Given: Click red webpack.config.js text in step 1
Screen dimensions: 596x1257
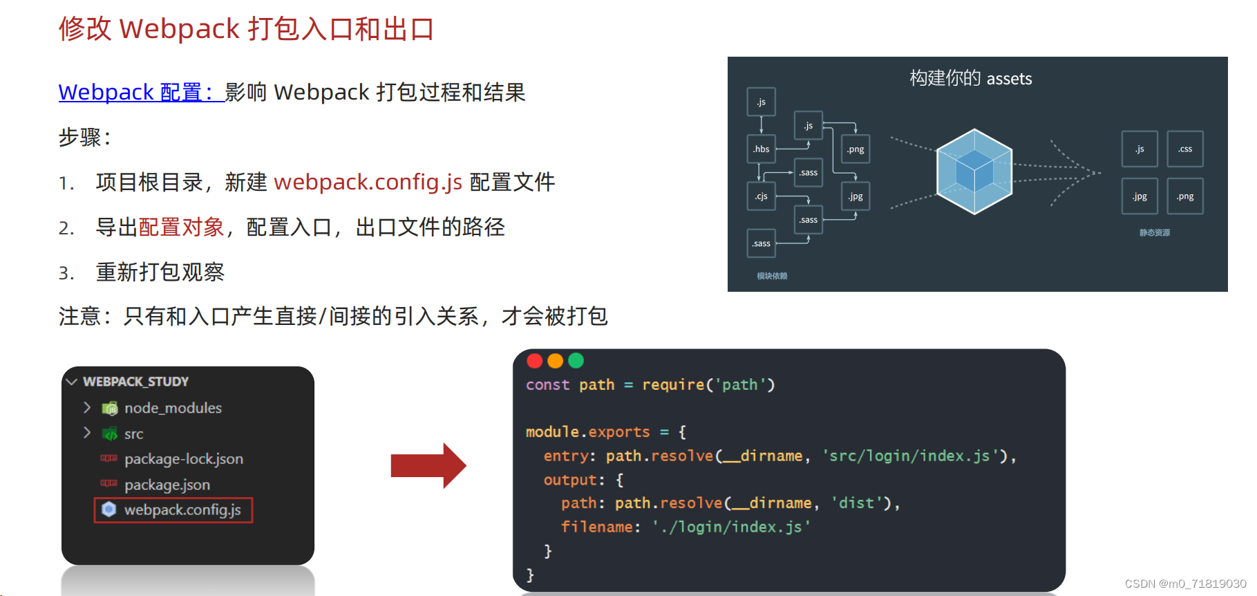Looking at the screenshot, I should point(368,182).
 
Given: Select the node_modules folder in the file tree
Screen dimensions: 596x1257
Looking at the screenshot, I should point(173,408).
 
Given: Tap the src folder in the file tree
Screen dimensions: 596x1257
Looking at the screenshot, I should point(133,434).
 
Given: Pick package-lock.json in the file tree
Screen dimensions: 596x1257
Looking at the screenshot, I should point(183,459).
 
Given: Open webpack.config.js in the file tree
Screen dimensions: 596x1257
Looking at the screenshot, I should point(182,510).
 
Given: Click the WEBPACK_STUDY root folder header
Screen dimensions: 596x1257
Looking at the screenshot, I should point(135,382).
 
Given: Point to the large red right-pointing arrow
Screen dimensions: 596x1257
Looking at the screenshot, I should point(428,465).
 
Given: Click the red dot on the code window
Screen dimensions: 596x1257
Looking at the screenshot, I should point(535,360).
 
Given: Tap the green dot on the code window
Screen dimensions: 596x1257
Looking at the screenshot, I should point(576,360).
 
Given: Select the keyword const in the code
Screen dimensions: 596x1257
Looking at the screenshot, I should point(547,385).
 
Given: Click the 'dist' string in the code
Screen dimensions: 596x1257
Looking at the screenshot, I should point(857,503).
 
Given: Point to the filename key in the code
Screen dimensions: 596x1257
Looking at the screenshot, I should point(596,527).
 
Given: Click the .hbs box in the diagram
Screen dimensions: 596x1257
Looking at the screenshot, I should point(762,149).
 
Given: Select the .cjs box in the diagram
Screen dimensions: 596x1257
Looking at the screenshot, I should point(762,196).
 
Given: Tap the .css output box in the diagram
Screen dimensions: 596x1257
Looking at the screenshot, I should point(1185,149).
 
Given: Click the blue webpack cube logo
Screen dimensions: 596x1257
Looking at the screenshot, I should point(974,171).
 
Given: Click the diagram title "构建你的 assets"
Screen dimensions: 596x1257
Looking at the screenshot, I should point(970,79).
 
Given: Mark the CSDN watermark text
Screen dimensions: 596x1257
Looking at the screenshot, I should point(1185,584).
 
